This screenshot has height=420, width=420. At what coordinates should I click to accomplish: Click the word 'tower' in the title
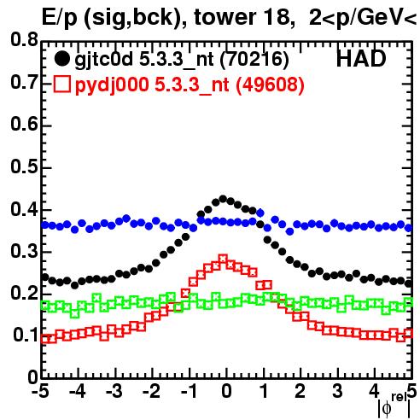coord(223,17)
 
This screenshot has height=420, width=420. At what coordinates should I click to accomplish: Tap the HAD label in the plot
coord(361,59)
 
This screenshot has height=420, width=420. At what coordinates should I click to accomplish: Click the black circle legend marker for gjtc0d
coord(61,59)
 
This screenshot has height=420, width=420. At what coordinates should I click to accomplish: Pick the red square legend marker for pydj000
coord(61,85)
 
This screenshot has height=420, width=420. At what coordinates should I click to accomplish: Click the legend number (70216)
coord(254,60)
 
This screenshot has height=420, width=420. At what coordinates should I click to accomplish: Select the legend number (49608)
coord(270,85)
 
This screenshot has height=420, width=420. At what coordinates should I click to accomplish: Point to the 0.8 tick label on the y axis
coord(24,39)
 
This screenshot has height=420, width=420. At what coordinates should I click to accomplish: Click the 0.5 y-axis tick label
coord(24,166)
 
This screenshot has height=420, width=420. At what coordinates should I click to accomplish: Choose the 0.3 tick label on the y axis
coord(24,251)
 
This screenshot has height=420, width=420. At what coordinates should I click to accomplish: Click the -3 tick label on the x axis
coord(114,391)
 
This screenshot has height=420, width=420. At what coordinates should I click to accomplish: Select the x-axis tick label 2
coord(300,391)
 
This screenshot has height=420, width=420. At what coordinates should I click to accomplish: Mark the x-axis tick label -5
coord(40,391)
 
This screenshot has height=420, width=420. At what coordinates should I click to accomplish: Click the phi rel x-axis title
coord(394,406)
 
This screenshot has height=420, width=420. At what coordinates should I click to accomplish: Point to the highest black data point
coord(223,199)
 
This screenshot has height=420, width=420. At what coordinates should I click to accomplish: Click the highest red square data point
coord(223,259)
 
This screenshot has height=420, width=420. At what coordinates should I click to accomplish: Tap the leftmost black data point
coord(45,277)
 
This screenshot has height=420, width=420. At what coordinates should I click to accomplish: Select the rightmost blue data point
coord(409,228)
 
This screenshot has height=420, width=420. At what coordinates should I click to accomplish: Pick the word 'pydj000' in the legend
coord(112,85)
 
